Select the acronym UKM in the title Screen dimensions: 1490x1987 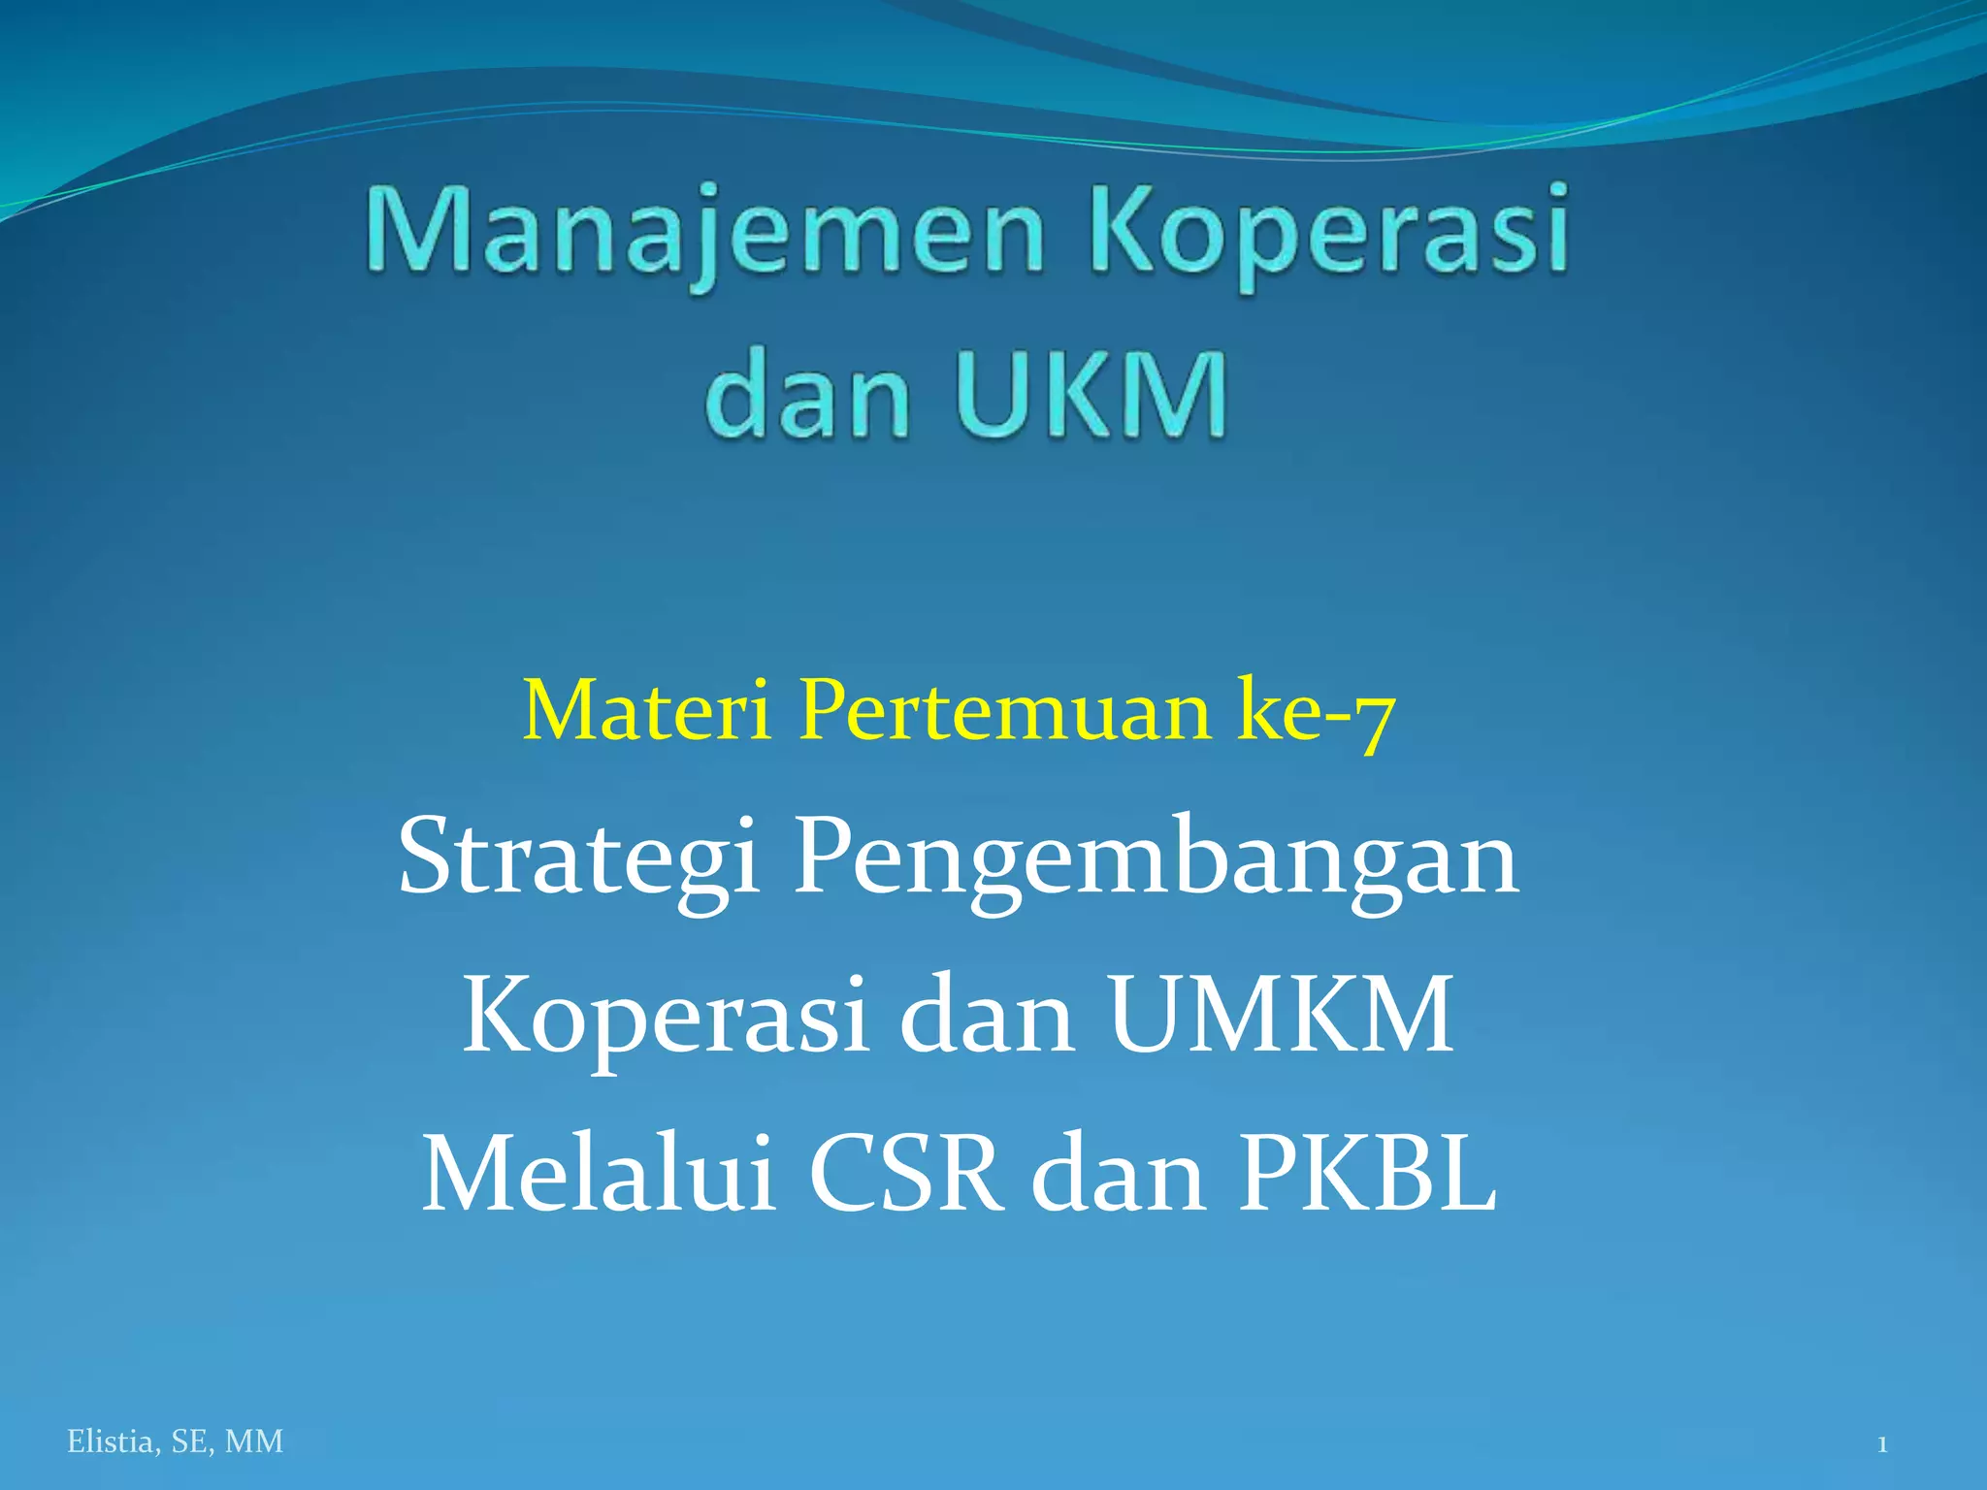[x=1092, y=396]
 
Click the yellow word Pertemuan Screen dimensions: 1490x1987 [x=1004, y=711]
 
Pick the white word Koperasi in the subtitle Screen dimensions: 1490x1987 [x=665, y=1016]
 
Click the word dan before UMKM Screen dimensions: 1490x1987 [x=987, y=1016]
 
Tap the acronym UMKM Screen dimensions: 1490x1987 [x=1282, y=1016]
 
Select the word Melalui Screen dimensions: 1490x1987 [x=599, y=1175]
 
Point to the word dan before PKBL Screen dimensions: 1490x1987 [x=1119, y=1175]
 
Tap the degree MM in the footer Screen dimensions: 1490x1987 [x=254, y=1442]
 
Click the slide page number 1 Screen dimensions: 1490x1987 [x=1882, y=1444]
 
